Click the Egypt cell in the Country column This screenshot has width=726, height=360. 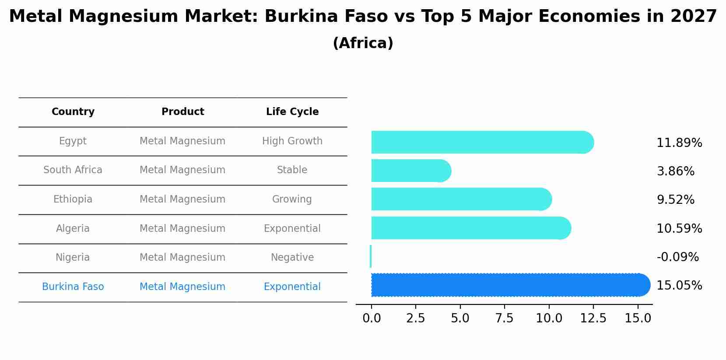pos(73,141)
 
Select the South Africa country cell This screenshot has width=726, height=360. pos(73,170)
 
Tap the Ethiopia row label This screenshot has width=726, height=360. pos(73,199)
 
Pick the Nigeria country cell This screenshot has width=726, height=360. pos(73,258)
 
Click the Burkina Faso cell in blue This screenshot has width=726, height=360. pos(73,287)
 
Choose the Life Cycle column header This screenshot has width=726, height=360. pos(292,112)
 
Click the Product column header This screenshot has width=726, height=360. pos(182,112)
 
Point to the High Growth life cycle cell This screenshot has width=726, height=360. pos(292,141)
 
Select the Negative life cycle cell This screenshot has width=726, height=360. pos(292,258)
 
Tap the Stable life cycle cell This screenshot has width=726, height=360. pos(292,170)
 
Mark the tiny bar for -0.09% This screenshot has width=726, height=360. pos(371,256)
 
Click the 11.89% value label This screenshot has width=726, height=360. pos(679,143)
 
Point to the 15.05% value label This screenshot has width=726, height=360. pos(679,286)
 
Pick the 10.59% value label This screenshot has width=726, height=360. pos(679,229)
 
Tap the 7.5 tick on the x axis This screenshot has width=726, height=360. pos(504,318)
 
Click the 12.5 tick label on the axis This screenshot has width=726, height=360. pos(593,318)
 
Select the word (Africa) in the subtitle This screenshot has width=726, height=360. pos(363,43)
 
